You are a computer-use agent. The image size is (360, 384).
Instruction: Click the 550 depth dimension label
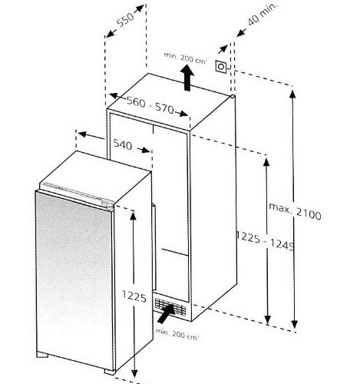[x=125, y=20]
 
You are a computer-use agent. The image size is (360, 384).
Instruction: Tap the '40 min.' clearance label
[x=263, y=15]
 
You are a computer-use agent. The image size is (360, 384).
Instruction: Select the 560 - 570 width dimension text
[x=150, y=105]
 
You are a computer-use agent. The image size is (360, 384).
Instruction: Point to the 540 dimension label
[x=123, y=144]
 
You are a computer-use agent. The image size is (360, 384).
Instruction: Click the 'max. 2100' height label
[x=295, y=211]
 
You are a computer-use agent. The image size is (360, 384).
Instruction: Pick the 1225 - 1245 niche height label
[x=265, y=240]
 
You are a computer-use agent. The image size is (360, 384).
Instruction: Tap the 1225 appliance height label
[x=134, y=296]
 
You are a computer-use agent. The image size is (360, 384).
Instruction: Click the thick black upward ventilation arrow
[x=187, y=78]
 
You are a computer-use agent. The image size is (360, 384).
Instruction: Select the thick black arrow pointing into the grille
[x=167, y=313]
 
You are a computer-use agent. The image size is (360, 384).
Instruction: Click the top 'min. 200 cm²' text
[x=185, y=58]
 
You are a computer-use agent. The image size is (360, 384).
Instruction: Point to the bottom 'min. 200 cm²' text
[x=177, y=334]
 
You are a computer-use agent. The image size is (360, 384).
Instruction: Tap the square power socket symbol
[x=221, y=67]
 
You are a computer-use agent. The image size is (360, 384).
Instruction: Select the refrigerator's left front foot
[x=42, y=355]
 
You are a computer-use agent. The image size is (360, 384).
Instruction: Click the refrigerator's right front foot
[x=110, y=372]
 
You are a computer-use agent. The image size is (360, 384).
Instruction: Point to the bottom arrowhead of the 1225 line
[x=134, y=373]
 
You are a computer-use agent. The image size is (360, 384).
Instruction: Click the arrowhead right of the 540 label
[x=146, y=151]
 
